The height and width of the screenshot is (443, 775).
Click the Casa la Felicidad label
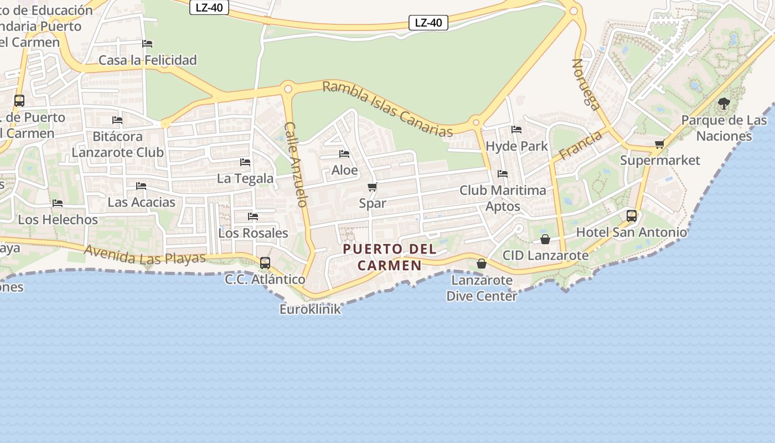point(147,60)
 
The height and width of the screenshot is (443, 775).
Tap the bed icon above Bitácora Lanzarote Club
point(117,120)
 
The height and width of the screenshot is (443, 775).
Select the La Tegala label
point(245,178)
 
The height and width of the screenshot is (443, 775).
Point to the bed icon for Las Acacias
point(141,186)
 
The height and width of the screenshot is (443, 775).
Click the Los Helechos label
point(58,219)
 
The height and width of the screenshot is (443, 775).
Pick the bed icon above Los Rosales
point(253,217)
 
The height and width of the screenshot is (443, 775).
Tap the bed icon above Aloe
point(344,154)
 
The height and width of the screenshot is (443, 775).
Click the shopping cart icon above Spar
point(373,187)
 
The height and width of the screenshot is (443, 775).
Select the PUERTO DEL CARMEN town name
point(390,257)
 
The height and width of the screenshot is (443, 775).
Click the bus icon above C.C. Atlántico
point(265,263)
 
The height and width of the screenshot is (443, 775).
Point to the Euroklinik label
point(310,309)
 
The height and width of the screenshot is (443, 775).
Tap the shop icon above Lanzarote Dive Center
point(482,264)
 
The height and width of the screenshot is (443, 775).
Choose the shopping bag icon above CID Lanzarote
point(545,239)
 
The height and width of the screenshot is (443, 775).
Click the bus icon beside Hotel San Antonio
point(632,216)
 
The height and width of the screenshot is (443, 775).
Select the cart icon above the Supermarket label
point(659,145)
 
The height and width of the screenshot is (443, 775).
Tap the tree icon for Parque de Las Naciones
point(724,104)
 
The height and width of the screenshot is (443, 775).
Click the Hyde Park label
point(516,146)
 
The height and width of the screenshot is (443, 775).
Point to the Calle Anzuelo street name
point(296,164)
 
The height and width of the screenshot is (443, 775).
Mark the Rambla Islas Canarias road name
point(387,109)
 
